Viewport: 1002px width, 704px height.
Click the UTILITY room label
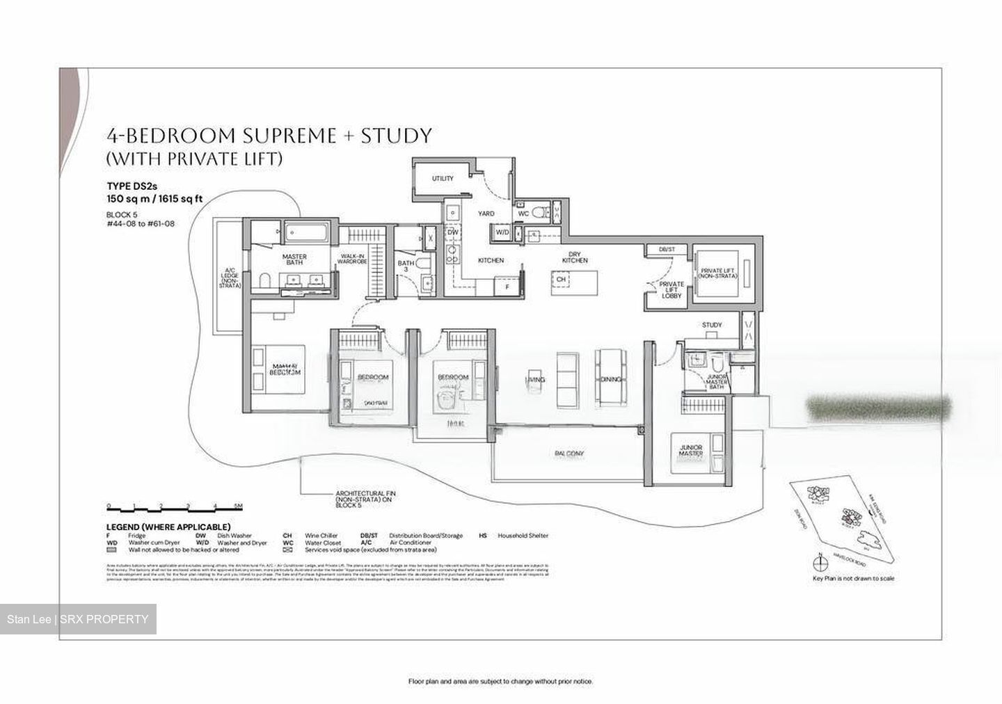[x=443, y=179]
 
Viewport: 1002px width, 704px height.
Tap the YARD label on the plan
[x=486, y=214]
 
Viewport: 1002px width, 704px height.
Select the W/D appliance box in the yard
[x=502, y=232]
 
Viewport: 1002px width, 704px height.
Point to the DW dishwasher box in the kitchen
[x=452, y=232]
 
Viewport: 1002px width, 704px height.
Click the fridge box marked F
[x=507, y=286]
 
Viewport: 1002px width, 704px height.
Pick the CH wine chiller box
[x=561, y=280]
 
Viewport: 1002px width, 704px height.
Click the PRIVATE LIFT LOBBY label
[x=671, y=289]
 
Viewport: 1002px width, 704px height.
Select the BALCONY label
[x=568, y=454]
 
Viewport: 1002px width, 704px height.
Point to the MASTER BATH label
[x=294, y=260]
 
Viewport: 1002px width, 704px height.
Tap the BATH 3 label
[x=406, y=267]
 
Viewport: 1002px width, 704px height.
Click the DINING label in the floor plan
[x=610, y=380]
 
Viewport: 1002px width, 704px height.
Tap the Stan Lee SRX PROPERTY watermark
[x=78, y=619]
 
